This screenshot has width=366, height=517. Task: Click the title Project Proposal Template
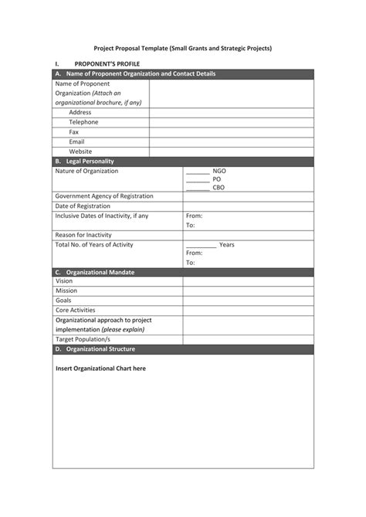182,47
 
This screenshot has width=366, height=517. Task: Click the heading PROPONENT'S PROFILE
107,63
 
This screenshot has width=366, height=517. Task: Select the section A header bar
183,73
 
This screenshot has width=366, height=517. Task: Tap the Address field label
80,112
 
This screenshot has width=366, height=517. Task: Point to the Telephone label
83,122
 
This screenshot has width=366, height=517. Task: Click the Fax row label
74,131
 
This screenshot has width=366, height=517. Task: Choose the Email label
76,141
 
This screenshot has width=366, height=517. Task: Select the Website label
80,151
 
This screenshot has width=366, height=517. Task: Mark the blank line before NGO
198,171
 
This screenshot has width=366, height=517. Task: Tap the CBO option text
219,188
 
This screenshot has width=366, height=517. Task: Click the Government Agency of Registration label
104,196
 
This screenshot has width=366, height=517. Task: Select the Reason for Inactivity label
83,235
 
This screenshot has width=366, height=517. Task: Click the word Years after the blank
227,245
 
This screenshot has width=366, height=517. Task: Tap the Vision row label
64,281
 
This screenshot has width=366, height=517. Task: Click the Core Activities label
76,310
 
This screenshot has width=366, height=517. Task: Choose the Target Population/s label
83,339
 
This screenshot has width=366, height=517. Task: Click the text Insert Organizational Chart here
100,369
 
